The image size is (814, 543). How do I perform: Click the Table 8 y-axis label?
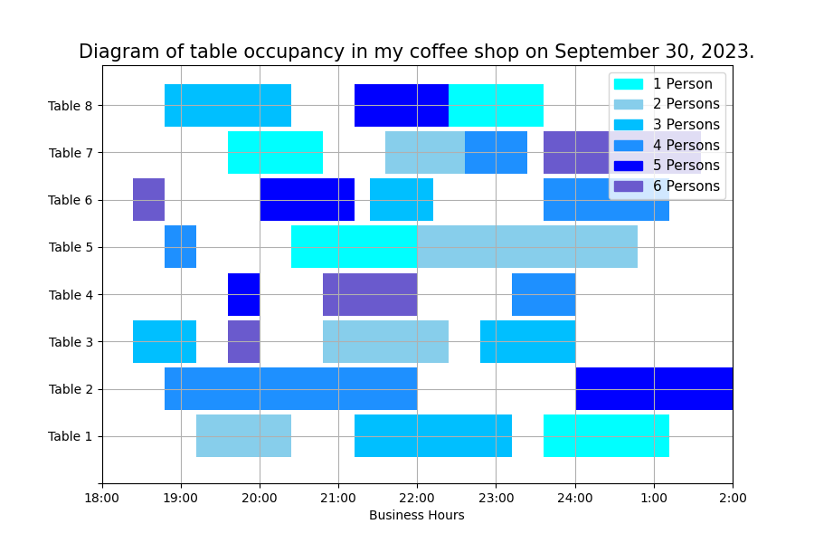click(71, 106)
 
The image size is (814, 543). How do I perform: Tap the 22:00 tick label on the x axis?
click(417, 497)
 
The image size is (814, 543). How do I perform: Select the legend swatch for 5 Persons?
click(629, 166)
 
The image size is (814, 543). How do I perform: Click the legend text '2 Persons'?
click(686, 104)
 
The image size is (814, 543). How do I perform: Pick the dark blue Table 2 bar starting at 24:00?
click(654, 388)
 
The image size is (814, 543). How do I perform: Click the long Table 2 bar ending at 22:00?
click(290, 388)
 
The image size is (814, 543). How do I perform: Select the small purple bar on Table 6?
click(148, 200)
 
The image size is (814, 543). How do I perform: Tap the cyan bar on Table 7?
click(275, 152)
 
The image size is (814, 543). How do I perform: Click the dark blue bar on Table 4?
click(243, 294)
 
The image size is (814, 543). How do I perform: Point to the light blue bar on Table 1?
click(243, 435)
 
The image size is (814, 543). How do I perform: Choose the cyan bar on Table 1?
click(606, 435)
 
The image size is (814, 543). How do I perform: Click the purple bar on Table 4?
click(370, 294)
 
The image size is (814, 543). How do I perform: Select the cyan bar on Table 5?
click(354, 247)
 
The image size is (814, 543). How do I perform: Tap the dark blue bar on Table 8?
click(401, 106)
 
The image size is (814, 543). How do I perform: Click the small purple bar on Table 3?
click(243, 341)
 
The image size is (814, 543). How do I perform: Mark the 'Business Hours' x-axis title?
click(416, 515)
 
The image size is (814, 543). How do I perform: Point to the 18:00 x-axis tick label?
click(102, 497)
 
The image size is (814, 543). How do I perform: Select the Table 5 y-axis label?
click(71, 247)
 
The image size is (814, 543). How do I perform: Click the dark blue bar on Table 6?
click(307, 200)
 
